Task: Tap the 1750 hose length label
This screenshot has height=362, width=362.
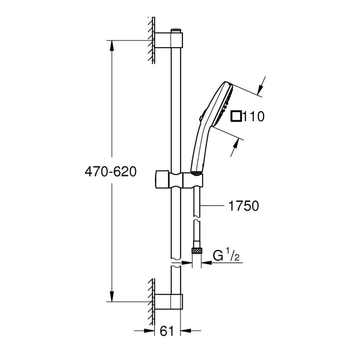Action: [242, 206]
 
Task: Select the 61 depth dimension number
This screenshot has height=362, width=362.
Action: [167, 331]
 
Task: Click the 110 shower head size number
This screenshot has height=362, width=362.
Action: [253, 117]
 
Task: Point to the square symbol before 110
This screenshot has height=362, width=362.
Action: [236, 117]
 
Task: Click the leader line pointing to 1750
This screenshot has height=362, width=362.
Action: [213, 206]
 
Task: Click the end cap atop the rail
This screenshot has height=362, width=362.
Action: [176, 31]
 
